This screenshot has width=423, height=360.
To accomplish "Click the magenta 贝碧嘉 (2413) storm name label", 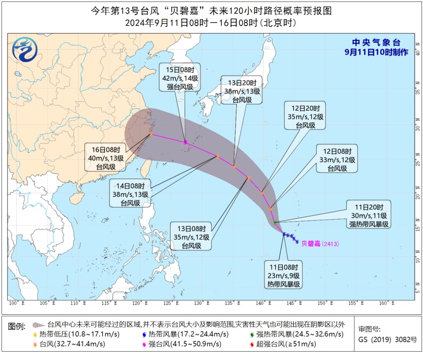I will coord(320,243).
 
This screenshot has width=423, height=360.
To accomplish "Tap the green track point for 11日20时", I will coord(275,223).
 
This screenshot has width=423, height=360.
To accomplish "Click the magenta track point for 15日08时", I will coord(185,142).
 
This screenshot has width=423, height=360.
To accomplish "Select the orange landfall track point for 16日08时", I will coord(151,134).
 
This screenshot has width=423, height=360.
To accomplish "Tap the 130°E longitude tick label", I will coord(199,303).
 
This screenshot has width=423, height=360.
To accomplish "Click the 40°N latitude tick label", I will coord(417,52).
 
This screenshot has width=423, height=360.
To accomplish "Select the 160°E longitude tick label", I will coord(385,303).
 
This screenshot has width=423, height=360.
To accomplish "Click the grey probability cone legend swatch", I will coord(38,325).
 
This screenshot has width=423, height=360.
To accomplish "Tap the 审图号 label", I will coord(369,330).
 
